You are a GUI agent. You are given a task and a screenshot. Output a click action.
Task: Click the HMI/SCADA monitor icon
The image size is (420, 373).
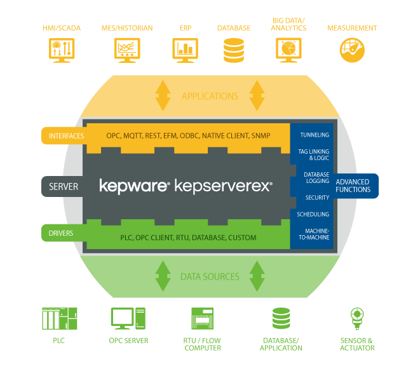coord(62,49)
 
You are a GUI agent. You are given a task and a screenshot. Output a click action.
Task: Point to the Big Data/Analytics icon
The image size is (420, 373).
coord(288,49)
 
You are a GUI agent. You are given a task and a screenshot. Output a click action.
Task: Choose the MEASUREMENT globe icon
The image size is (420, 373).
coord(351,49)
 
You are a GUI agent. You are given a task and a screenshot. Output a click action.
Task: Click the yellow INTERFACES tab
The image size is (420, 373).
coord(64,135)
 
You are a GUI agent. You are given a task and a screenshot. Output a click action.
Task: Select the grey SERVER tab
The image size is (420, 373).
coord(64,187)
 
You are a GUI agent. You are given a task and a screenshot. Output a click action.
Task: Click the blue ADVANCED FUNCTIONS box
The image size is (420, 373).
coord(353,186)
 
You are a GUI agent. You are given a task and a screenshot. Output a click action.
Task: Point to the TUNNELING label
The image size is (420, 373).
coord(314,135)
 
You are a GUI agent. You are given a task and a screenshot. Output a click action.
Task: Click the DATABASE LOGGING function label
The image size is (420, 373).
coord(316,177)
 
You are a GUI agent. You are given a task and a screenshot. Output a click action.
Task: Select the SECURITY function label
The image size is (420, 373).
coord(317,198)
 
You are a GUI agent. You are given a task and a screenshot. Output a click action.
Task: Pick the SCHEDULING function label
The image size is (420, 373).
coord(313,214)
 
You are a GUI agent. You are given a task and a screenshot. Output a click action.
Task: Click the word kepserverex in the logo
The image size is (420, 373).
coord(222,186)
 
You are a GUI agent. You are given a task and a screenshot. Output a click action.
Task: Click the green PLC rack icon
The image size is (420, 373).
coord(59,318)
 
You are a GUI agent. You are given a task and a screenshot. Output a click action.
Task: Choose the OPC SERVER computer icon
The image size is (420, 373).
coord(128,318)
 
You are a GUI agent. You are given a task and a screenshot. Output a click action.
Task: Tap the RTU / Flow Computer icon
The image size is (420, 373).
coord(202,318)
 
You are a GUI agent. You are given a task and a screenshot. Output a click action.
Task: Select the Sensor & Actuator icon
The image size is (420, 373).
coord(356,318)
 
